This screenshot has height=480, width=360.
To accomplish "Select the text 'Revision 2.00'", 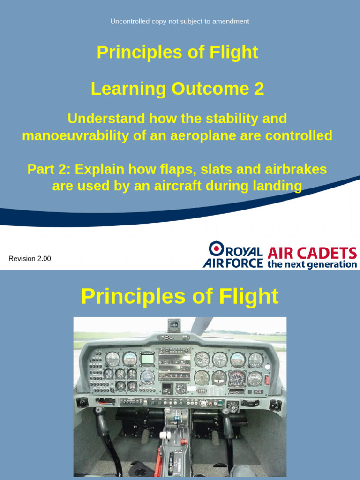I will (x=30, y=259).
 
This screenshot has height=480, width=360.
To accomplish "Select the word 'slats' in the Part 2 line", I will (x=217, y=169).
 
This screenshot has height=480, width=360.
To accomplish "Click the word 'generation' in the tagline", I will (x=333, y=264).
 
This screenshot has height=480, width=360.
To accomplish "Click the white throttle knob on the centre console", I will (x=165, y=435).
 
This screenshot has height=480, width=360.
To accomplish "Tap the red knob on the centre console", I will (x=184, y=441).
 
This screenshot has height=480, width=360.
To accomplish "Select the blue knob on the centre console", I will (x=177, y=418).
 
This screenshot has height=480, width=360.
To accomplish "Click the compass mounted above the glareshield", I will (x=174, y=324).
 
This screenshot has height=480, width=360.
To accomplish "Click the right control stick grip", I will (x=225, y=416).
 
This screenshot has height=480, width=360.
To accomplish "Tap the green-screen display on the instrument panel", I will (x=148, y=359).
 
